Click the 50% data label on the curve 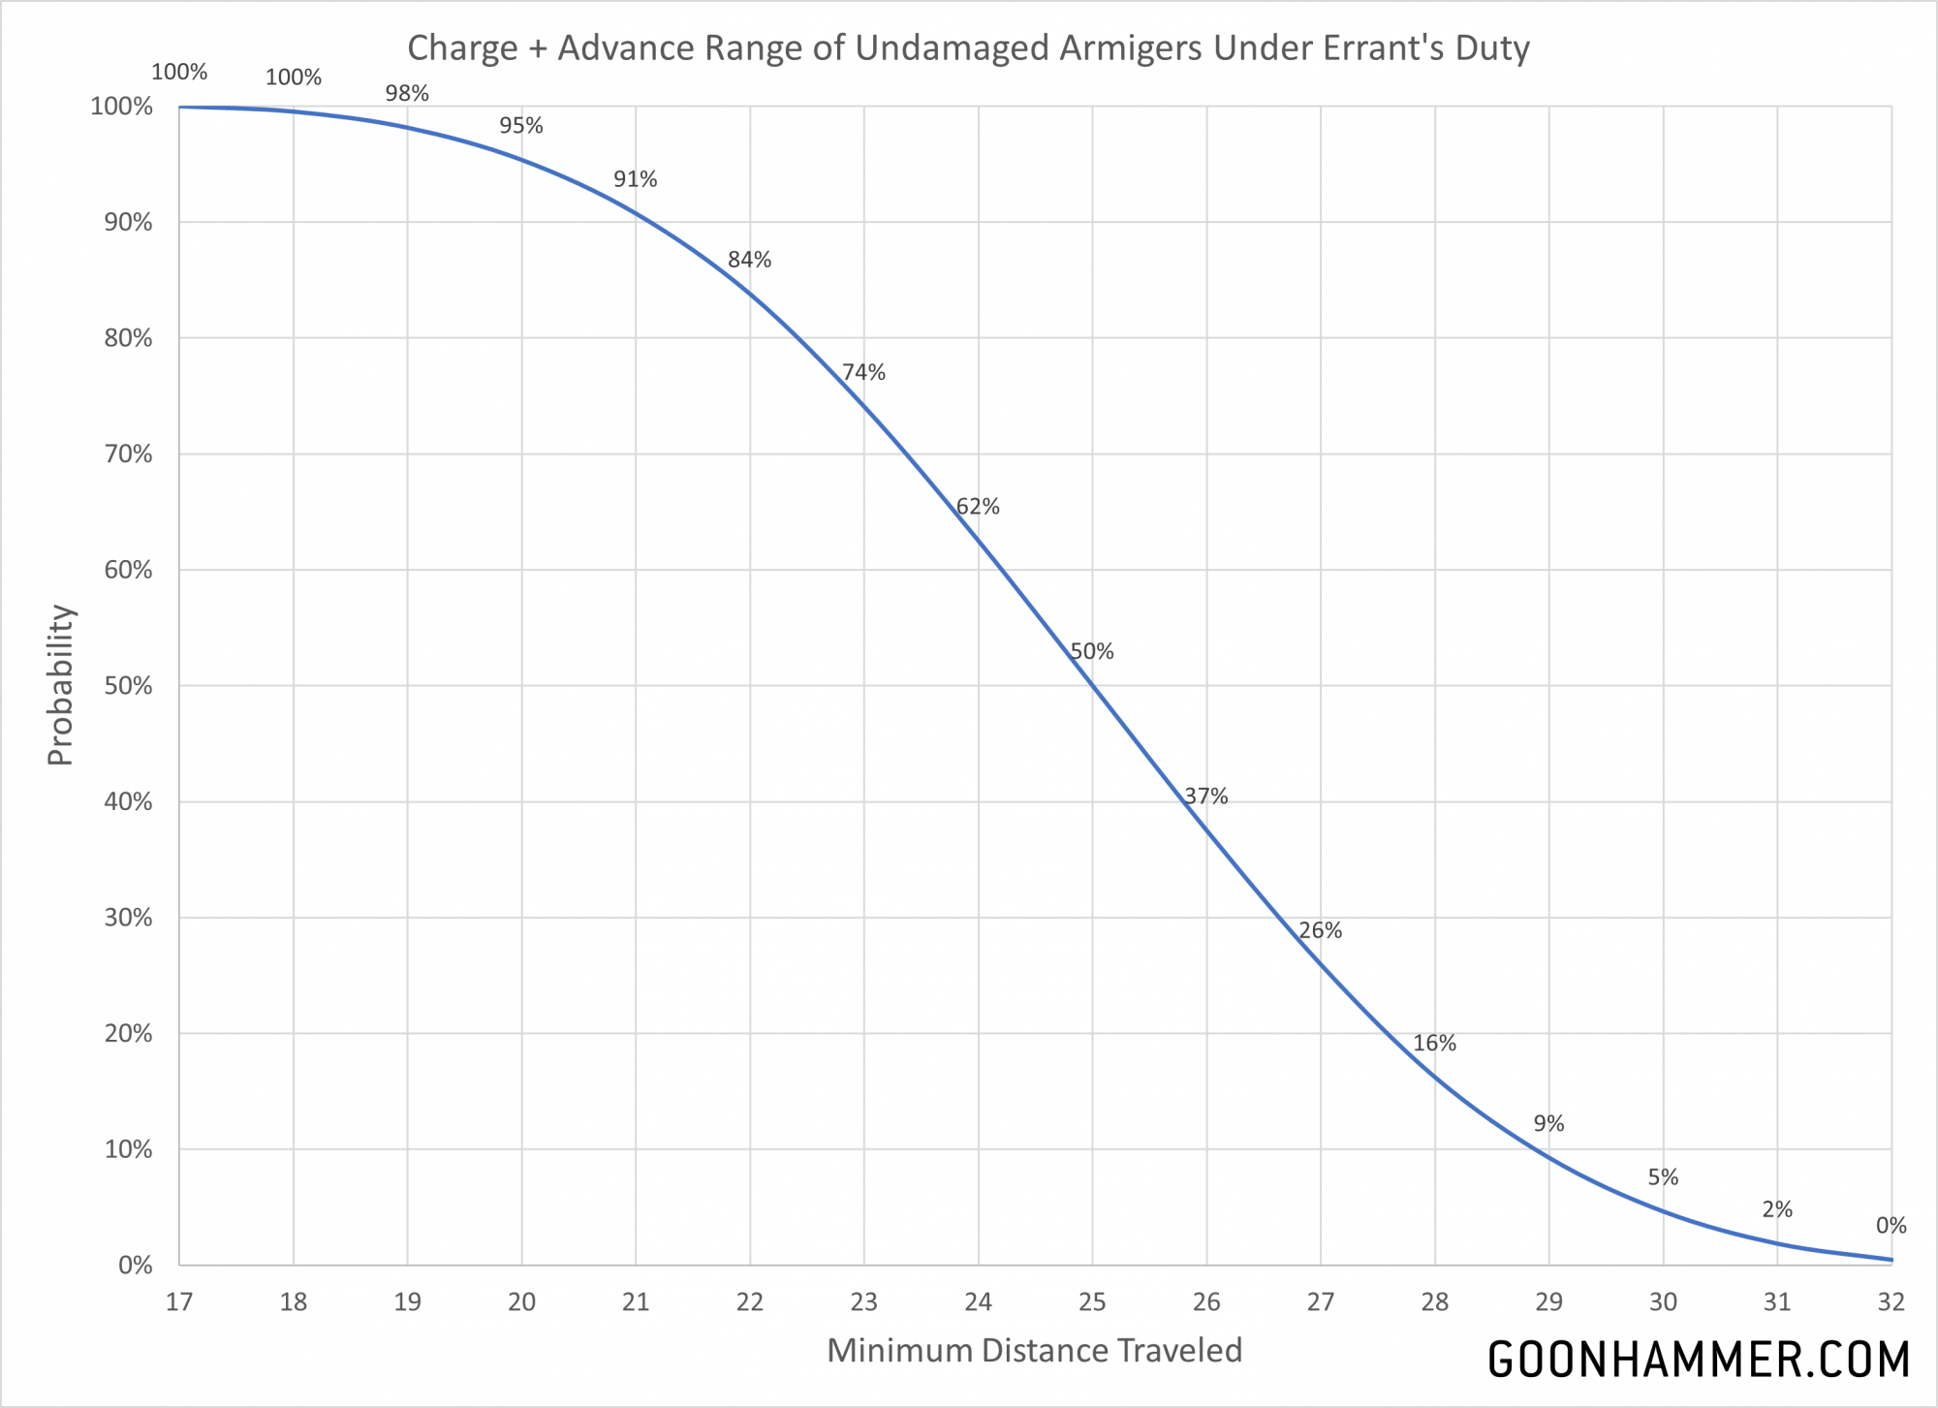pyautogui.click(x=1092, y=652)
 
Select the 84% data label pyautogui.click(x=749, y=260)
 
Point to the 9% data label pyautogui.click(x=1548, y=1124)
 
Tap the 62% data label pyautogui.click(x=978, y=507)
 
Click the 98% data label pyautogui.click(x=407, y=94)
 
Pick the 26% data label pyautogui.click(x=1320, y=931)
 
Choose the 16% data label pyautogui.click(x=1434, y=1044)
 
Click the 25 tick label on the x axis pyautogui.click(x=1092, y=1302)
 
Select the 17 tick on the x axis pyautogui.click(x=179, y=1302)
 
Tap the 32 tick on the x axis pyautogui.click(x=1891, y=1302)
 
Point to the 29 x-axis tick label pyautogui.click(x=1548, y=1302)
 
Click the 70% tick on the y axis pyautogui.click(x=128, y=454)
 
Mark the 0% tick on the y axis pyautogui.click(x=136, y=1266)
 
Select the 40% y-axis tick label pyautogui.click(x=128, y=802)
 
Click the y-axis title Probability pyautogui.click(x=60, y=685)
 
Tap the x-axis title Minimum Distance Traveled pyautogui.click(x=1034, y=1351)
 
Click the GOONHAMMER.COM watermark pyautogui.click(x=1698, y=1360)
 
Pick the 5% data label pyautogui.click(x=1663, y=1178)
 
